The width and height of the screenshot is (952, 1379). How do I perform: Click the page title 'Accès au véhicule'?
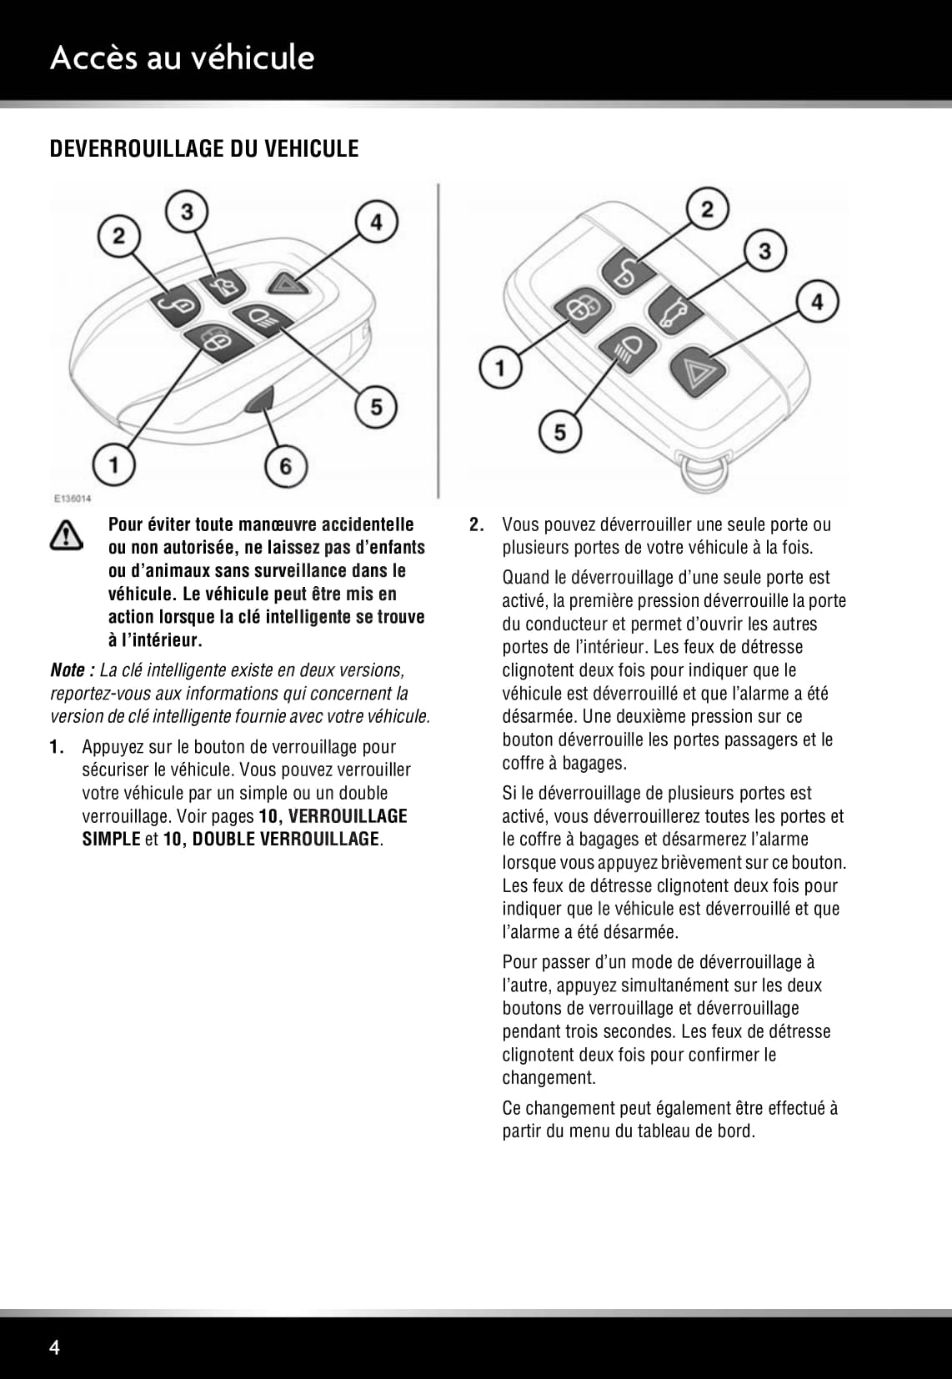tap(182, 58)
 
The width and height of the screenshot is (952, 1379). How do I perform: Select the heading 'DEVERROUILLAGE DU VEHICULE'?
tap(204, 148)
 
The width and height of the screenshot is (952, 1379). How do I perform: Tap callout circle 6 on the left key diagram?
tap(285, 465)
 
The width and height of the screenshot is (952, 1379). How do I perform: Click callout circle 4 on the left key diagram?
tap(377, 223)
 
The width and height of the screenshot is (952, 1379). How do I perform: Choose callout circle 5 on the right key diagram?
tap(560, 431)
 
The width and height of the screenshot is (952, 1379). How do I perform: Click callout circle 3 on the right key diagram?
tap(764, 249)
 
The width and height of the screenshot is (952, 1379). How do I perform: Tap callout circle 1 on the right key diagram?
tap(500, 368)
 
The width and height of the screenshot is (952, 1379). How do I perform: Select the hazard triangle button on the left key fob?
tap(293, 285)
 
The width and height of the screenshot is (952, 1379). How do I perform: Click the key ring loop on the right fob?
tap(703, 472)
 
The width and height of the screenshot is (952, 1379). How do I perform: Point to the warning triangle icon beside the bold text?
tap(67, 534)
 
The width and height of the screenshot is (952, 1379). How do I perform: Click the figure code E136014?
tap(73, 499)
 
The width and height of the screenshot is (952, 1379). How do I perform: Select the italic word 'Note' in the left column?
tap(68, 670)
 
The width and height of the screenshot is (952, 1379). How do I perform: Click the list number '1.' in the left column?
tap(57, 747)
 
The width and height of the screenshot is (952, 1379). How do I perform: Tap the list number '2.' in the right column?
tap(477, 524)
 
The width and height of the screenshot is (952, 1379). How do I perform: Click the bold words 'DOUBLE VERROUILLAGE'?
tap(286, 839)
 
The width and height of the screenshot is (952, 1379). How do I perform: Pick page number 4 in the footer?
tap(55, 1347)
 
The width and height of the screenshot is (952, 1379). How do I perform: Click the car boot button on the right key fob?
tap(671, 310)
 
